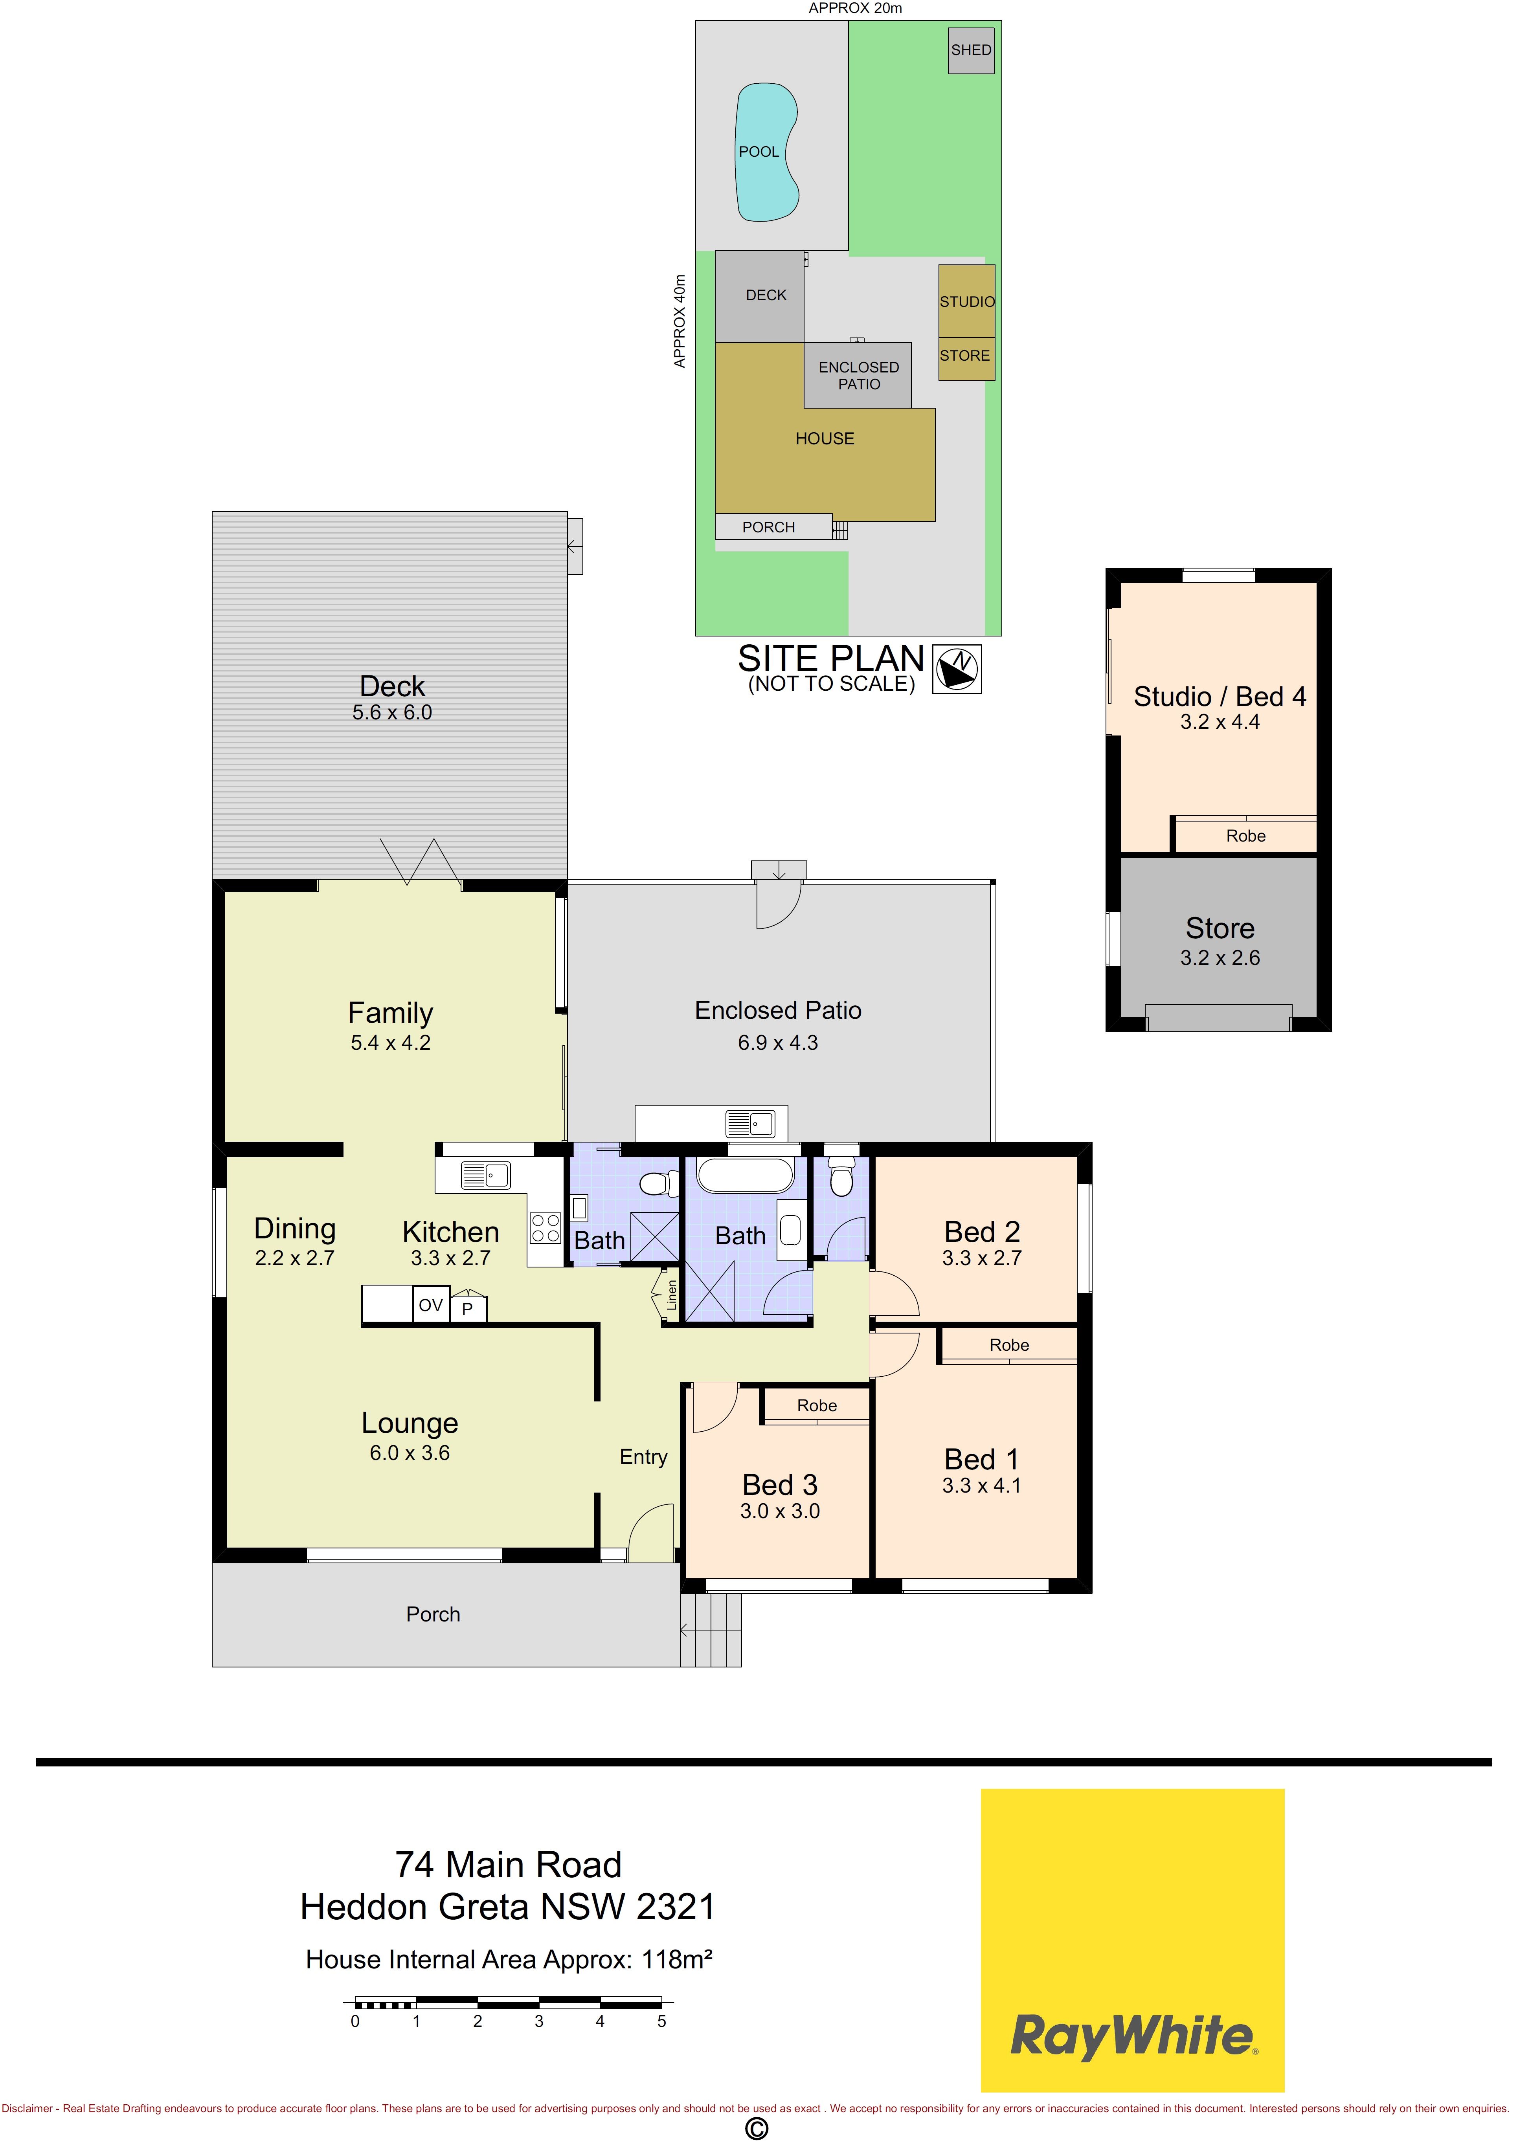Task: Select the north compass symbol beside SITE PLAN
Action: (957, 669)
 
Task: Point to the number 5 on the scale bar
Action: (661, 2021)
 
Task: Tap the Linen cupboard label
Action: (670, 1295)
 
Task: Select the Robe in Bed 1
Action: (1008, 1344)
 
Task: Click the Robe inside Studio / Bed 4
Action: (1245, 835)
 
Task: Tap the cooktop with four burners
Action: (545, 1228)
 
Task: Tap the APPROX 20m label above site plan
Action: (855, 8)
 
